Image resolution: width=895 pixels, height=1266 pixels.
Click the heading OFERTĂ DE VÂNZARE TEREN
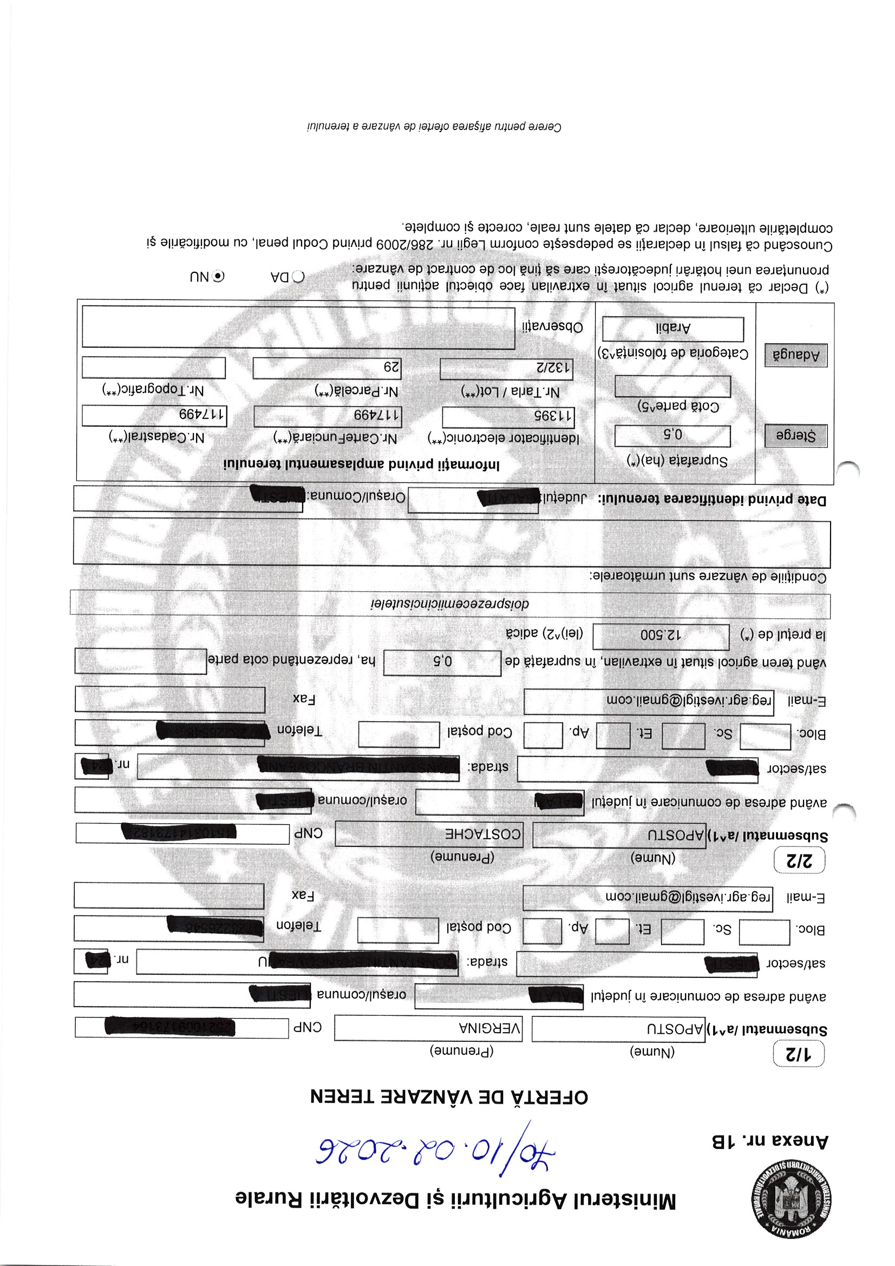pos(449,1097)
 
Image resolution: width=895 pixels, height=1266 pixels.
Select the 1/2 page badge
pos(799,1054)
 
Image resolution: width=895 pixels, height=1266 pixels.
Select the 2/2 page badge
pos(799,861)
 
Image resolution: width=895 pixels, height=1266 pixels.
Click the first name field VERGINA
pos(428,1028)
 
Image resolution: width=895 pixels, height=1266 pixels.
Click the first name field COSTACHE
pos(428,834)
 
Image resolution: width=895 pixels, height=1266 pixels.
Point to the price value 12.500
pos(661,636)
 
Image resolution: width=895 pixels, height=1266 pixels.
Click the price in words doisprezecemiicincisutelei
pos(449,604)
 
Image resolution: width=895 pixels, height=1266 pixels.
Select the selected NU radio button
pos(219,276)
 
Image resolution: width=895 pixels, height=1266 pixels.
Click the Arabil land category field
pos(673,329)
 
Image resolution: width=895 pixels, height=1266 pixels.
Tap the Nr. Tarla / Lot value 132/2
pos(506,368)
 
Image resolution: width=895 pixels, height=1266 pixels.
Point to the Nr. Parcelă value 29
pos(327,368)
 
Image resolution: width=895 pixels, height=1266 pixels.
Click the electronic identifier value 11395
pos(508,416)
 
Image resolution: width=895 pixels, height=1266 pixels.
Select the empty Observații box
pos(298,327)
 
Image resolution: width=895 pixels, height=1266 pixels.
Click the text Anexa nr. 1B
pos(770,1141)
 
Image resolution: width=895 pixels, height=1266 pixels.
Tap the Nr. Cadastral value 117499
pos(154,415)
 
